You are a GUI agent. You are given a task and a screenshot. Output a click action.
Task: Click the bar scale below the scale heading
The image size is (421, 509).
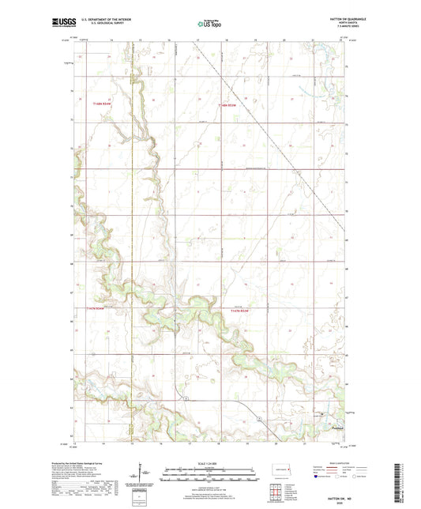209,474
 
